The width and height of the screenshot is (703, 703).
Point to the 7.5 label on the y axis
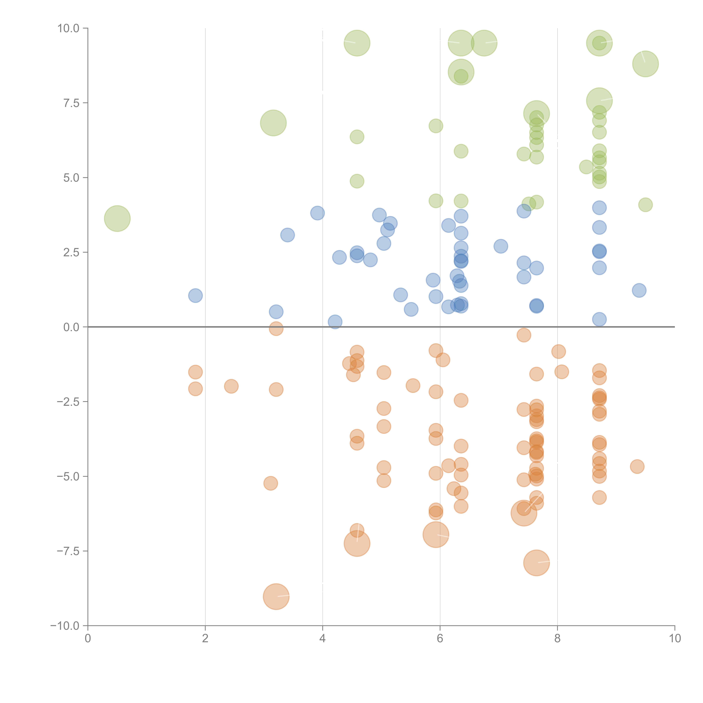71,103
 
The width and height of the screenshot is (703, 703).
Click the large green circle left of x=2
117,218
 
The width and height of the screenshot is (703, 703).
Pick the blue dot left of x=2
195,295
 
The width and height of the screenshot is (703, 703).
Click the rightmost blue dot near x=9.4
639,290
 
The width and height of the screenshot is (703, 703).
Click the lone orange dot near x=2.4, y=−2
231,386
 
